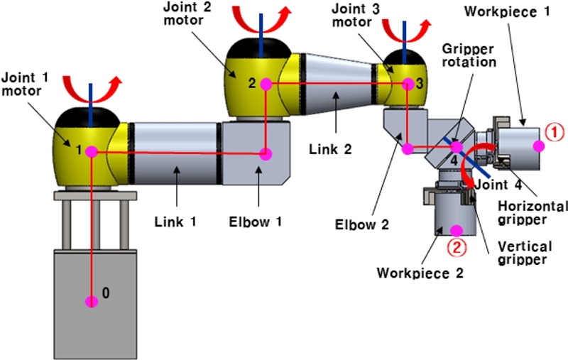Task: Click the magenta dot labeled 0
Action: click(91, 301)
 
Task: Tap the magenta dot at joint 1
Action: click(91, 152)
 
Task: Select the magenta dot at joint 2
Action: click(266, 84)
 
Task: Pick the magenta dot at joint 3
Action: click(408, 84)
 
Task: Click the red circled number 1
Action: click(553, 131)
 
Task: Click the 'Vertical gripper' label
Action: click(524, 253)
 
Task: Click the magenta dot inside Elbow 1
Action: click(266, 153)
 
